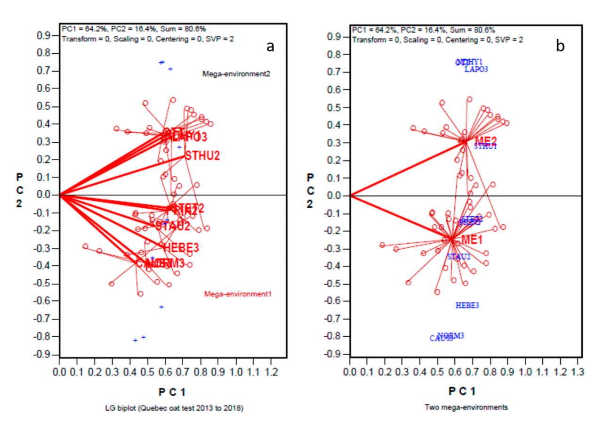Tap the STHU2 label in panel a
coord(203,155)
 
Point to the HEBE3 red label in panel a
coord(182,247)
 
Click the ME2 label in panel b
coord(486,141)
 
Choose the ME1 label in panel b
coord(472,240)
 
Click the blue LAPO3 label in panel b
coord(476,69)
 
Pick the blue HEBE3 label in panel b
coord(467,305)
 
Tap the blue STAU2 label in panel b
coord(458,257)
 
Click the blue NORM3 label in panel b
coord(451,335)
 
